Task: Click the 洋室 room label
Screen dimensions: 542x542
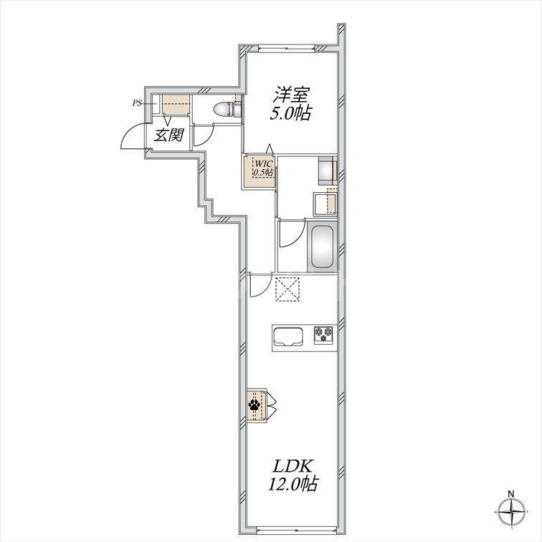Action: (291, 95)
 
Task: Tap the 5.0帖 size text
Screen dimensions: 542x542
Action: (290, 113)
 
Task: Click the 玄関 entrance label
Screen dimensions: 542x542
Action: (168, 135)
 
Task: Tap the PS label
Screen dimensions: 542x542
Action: (137, 103)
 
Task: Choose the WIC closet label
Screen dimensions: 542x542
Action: (265, 163)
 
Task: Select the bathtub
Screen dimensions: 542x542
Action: (322, 247)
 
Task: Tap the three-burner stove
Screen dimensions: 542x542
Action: (324, 335)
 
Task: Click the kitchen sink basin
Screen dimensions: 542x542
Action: (288, 337)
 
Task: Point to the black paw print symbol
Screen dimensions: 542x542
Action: (255, 405)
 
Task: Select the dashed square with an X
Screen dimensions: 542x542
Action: (287, 289)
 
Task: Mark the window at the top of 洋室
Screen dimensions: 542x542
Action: (287, 49)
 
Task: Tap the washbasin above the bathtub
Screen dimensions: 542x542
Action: (325, 202)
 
